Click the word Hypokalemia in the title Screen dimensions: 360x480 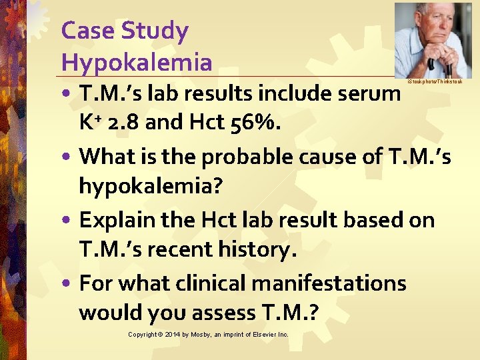tap(136, 63)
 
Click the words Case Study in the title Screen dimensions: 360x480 tap(125, 31)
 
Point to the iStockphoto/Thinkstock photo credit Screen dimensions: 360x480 tap(434, 81)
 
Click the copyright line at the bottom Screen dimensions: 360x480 tap(208, 334)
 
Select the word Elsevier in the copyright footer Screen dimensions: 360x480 tap(265, 334)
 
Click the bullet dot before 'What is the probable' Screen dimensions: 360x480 tap(68, 157)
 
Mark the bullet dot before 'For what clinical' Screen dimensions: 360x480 tap(68, 284)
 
